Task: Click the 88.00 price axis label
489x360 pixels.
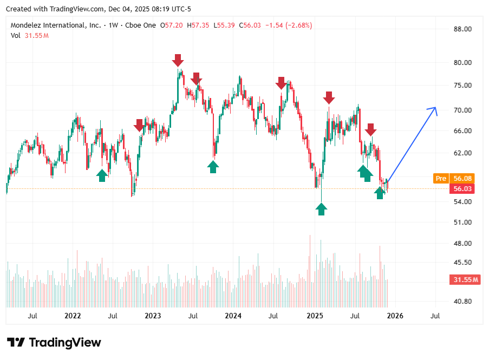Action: [463, 29]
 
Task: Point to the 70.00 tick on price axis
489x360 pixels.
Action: [463, 110]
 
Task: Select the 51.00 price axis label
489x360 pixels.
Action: [463, 222]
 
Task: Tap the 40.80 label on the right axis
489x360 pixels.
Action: [463, 301]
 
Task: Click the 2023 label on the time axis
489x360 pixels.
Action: [153, 315]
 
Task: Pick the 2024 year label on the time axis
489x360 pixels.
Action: [233, 315]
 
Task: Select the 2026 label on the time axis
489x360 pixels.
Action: [394, 315]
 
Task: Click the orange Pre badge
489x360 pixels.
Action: [441, 178]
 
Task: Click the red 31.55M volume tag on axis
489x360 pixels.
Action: [465, 279]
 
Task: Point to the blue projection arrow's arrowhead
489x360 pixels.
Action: [434, 109]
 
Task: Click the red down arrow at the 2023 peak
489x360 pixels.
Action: [178, 60]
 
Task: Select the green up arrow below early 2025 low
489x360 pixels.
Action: [322, 209]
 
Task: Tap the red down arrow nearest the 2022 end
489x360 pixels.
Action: [139, 126]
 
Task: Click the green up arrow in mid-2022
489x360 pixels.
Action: [102, 175]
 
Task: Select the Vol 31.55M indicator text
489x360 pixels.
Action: [30, 36]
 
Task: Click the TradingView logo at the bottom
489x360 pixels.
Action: [54, 342]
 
